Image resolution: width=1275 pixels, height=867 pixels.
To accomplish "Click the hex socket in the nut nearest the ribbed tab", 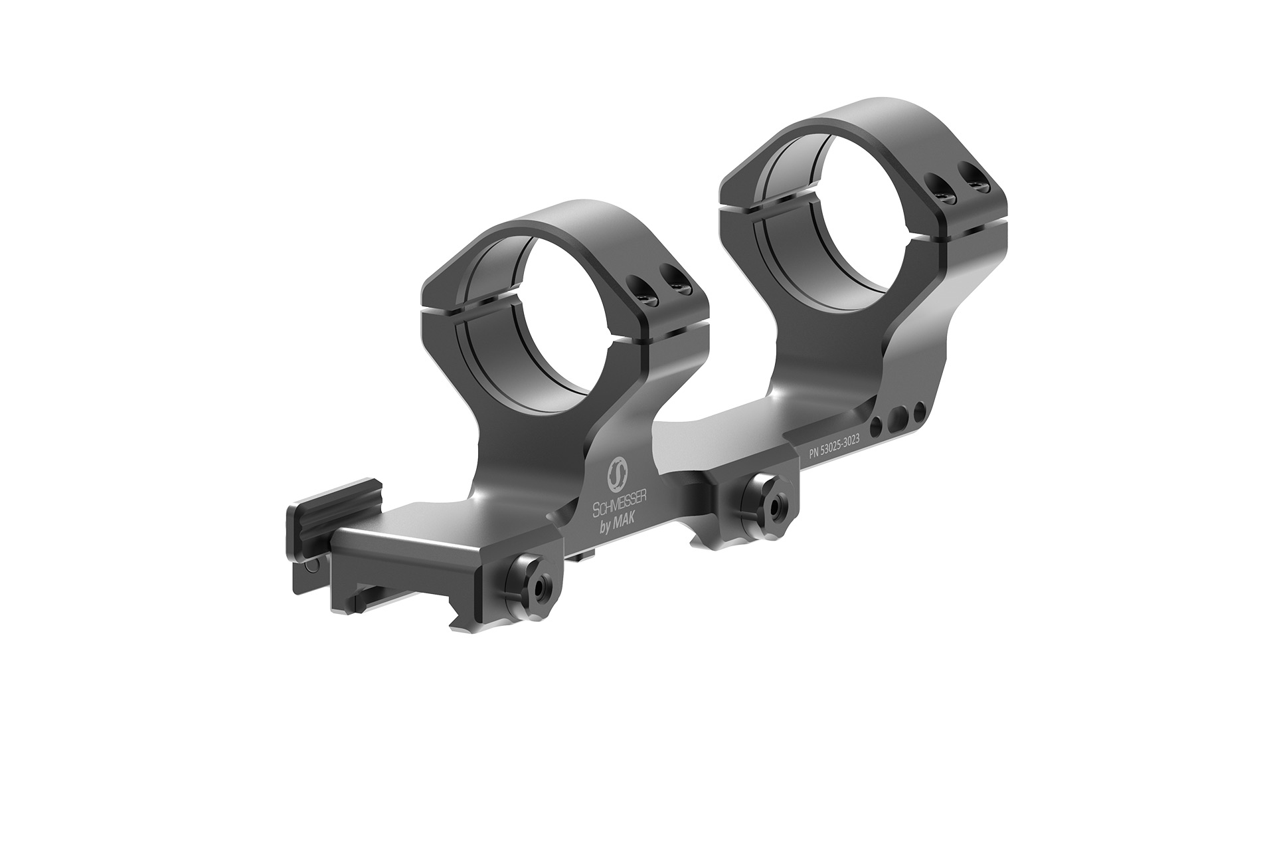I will [538, 583].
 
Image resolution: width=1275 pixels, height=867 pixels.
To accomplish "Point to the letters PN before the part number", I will [815, 453].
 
